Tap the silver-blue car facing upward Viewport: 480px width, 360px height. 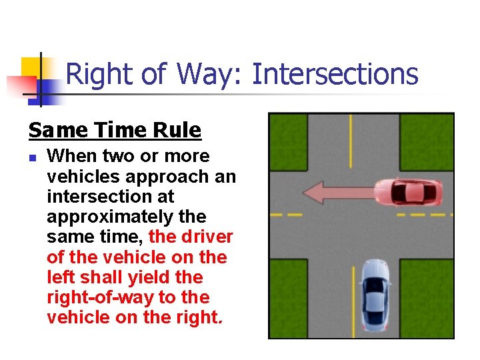tap(375, 293)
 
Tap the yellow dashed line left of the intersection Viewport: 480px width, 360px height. tap(286, 215)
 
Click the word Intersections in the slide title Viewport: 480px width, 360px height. tap(335, 74)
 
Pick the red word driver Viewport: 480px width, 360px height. tap(209, 237)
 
